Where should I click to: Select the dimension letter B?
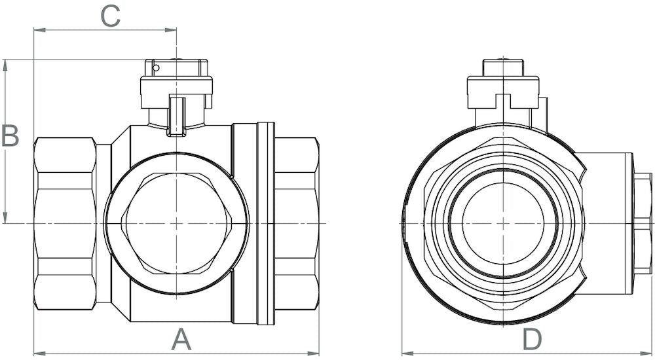coord(10,136)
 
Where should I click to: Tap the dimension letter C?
coord(110,16)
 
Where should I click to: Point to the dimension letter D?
coord(533,339)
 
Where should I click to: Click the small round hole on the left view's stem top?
coord(155,67)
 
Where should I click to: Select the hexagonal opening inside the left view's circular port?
coord(177,223)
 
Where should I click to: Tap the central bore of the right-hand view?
coord(503,223)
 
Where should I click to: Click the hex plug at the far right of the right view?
coord(643,223)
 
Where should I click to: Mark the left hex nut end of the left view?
coord(65,223)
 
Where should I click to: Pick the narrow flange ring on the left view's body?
coord(265,223)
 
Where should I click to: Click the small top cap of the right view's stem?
coord(503,67)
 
